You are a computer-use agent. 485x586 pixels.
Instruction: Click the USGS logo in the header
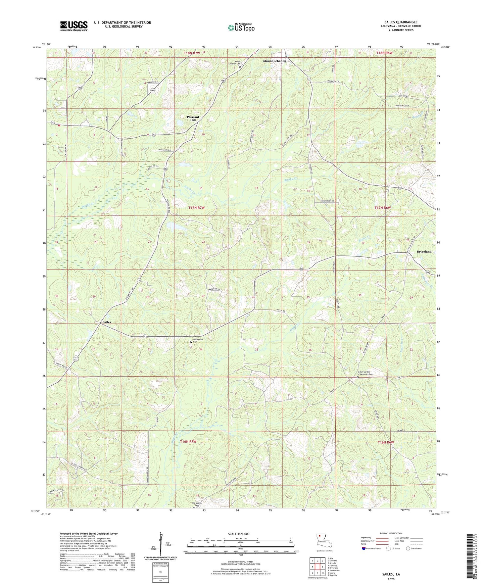74,26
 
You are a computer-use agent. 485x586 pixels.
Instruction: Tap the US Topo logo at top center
241,28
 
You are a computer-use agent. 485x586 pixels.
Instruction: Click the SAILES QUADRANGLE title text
401,22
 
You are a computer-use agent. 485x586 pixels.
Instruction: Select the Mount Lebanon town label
274,61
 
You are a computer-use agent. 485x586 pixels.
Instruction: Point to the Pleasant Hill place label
193,118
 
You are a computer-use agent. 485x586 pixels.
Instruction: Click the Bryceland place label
424,251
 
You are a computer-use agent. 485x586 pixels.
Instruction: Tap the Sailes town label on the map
106,322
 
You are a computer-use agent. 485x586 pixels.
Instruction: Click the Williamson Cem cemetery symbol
191,342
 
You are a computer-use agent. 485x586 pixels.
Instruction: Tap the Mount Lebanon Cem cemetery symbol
240,67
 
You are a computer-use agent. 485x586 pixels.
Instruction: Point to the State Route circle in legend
408,548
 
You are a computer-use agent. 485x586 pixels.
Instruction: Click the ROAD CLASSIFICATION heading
391,533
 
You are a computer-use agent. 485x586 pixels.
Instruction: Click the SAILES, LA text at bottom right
391,574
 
